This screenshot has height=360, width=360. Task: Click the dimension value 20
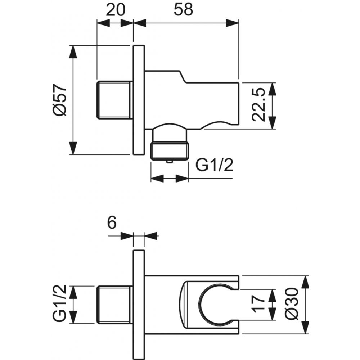pyautogui.click(x=115, y=10)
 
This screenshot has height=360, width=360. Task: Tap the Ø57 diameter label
pyautogui.click(x=59, y=100)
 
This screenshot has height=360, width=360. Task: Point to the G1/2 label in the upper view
pyautogui.click(x=214, y=166)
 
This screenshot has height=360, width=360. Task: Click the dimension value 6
pyautogui.click(x=112, y=224)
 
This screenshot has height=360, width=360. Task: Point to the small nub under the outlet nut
pyautogui.click(x=170, y=162)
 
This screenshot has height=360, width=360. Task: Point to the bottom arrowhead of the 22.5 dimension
pyautogui.click(x=272, y=124)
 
